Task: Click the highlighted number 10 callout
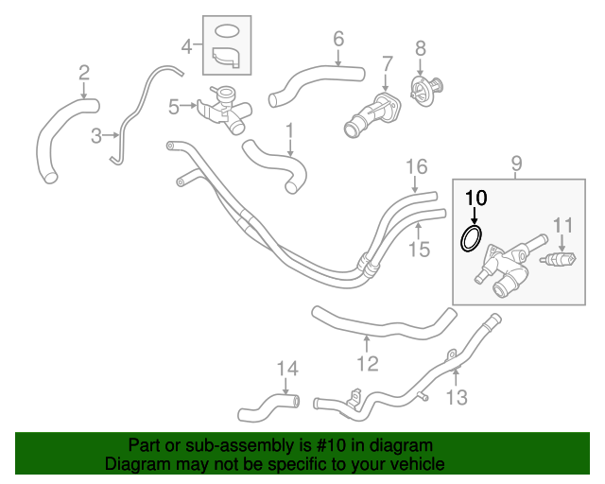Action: (x=475, y=198)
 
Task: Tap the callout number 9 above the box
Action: (x=517, y=164)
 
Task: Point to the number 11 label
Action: (x=563, y=225)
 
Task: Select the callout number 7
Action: (x=387, y=64)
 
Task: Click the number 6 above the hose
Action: (x=337, y=39)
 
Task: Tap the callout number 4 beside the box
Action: (x=186, y=44)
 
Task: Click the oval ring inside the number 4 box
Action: (x=227, y=30)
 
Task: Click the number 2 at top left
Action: (x=84, y=72)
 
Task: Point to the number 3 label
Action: (x=96, y=136)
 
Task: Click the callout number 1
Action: (x=290, y=130)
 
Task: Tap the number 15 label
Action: (x=419, y=249)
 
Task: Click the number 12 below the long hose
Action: (x=367, y=363)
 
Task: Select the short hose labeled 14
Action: (x=268, y=409)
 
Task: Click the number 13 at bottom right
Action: (x=456, y=398)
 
